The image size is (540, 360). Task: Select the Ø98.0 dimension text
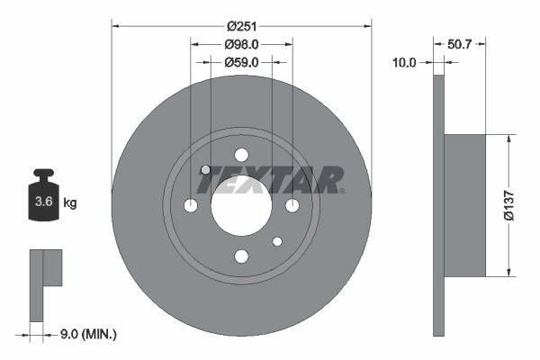241,44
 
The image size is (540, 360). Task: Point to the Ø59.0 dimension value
241,62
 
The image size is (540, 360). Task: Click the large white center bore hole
241,205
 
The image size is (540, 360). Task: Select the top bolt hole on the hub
241,154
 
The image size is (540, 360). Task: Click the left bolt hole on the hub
190,206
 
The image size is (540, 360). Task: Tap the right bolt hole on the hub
292,206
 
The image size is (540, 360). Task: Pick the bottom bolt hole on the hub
241,256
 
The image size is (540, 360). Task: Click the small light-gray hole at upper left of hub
205,170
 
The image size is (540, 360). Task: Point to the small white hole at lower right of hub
277,241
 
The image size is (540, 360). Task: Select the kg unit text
70,203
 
